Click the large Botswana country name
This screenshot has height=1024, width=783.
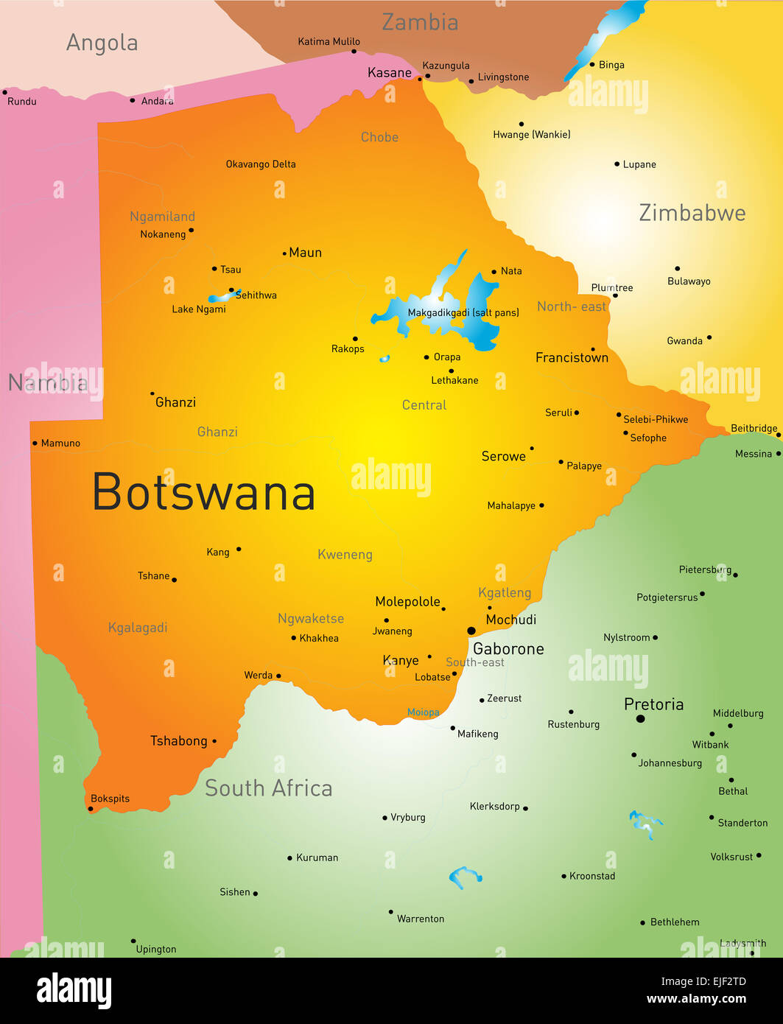(x=204, y=492)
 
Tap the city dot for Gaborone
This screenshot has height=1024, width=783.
(x=471, y=631)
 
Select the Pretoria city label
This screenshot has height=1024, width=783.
(x=653, y=704)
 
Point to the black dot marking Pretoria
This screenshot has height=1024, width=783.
(x=640, y=718)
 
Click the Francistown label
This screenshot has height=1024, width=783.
(x=572, y=358)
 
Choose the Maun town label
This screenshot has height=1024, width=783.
(x=305, y=253)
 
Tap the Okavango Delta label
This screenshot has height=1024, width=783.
(x=261, y=164)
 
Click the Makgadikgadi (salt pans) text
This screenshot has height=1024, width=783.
(x=463, y=312)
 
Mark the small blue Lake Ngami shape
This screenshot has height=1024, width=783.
(x=223, y=297)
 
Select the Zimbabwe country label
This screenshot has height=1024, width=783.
(x=692, y=213)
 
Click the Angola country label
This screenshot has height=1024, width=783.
(x=102, y=43)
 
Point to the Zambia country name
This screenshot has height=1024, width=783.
(x=420, y=22)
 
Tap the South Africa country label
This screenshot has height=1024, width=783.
(x=268, y=788)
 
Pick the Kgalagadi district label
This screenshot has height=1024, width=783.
(x=138, y=628)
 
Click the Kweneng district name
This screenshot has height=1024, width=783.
(x=345, y=555)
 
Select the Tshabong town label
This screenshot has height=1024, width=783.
(x=179, y=741)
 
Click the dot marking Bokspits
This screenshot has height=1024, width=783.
(x=91, y=809)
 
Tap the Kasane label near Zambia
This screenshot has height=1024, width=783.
(x=390, y=73)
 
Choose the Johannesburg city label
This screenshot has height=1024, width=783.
(x=670, y=763)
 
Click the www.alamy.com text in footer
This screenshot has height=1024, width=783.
(x=696, y=999)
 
